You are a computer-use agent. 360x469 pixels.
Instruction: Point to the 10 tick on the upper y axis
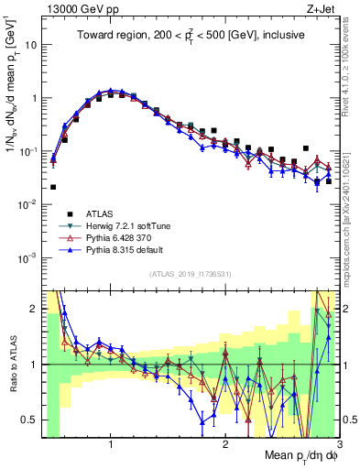pyautogui.click(x=35, y=44)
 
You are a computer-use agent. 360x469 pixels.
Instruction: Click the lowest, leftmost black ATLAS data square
pyautogui.click(x=53, y=187)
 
